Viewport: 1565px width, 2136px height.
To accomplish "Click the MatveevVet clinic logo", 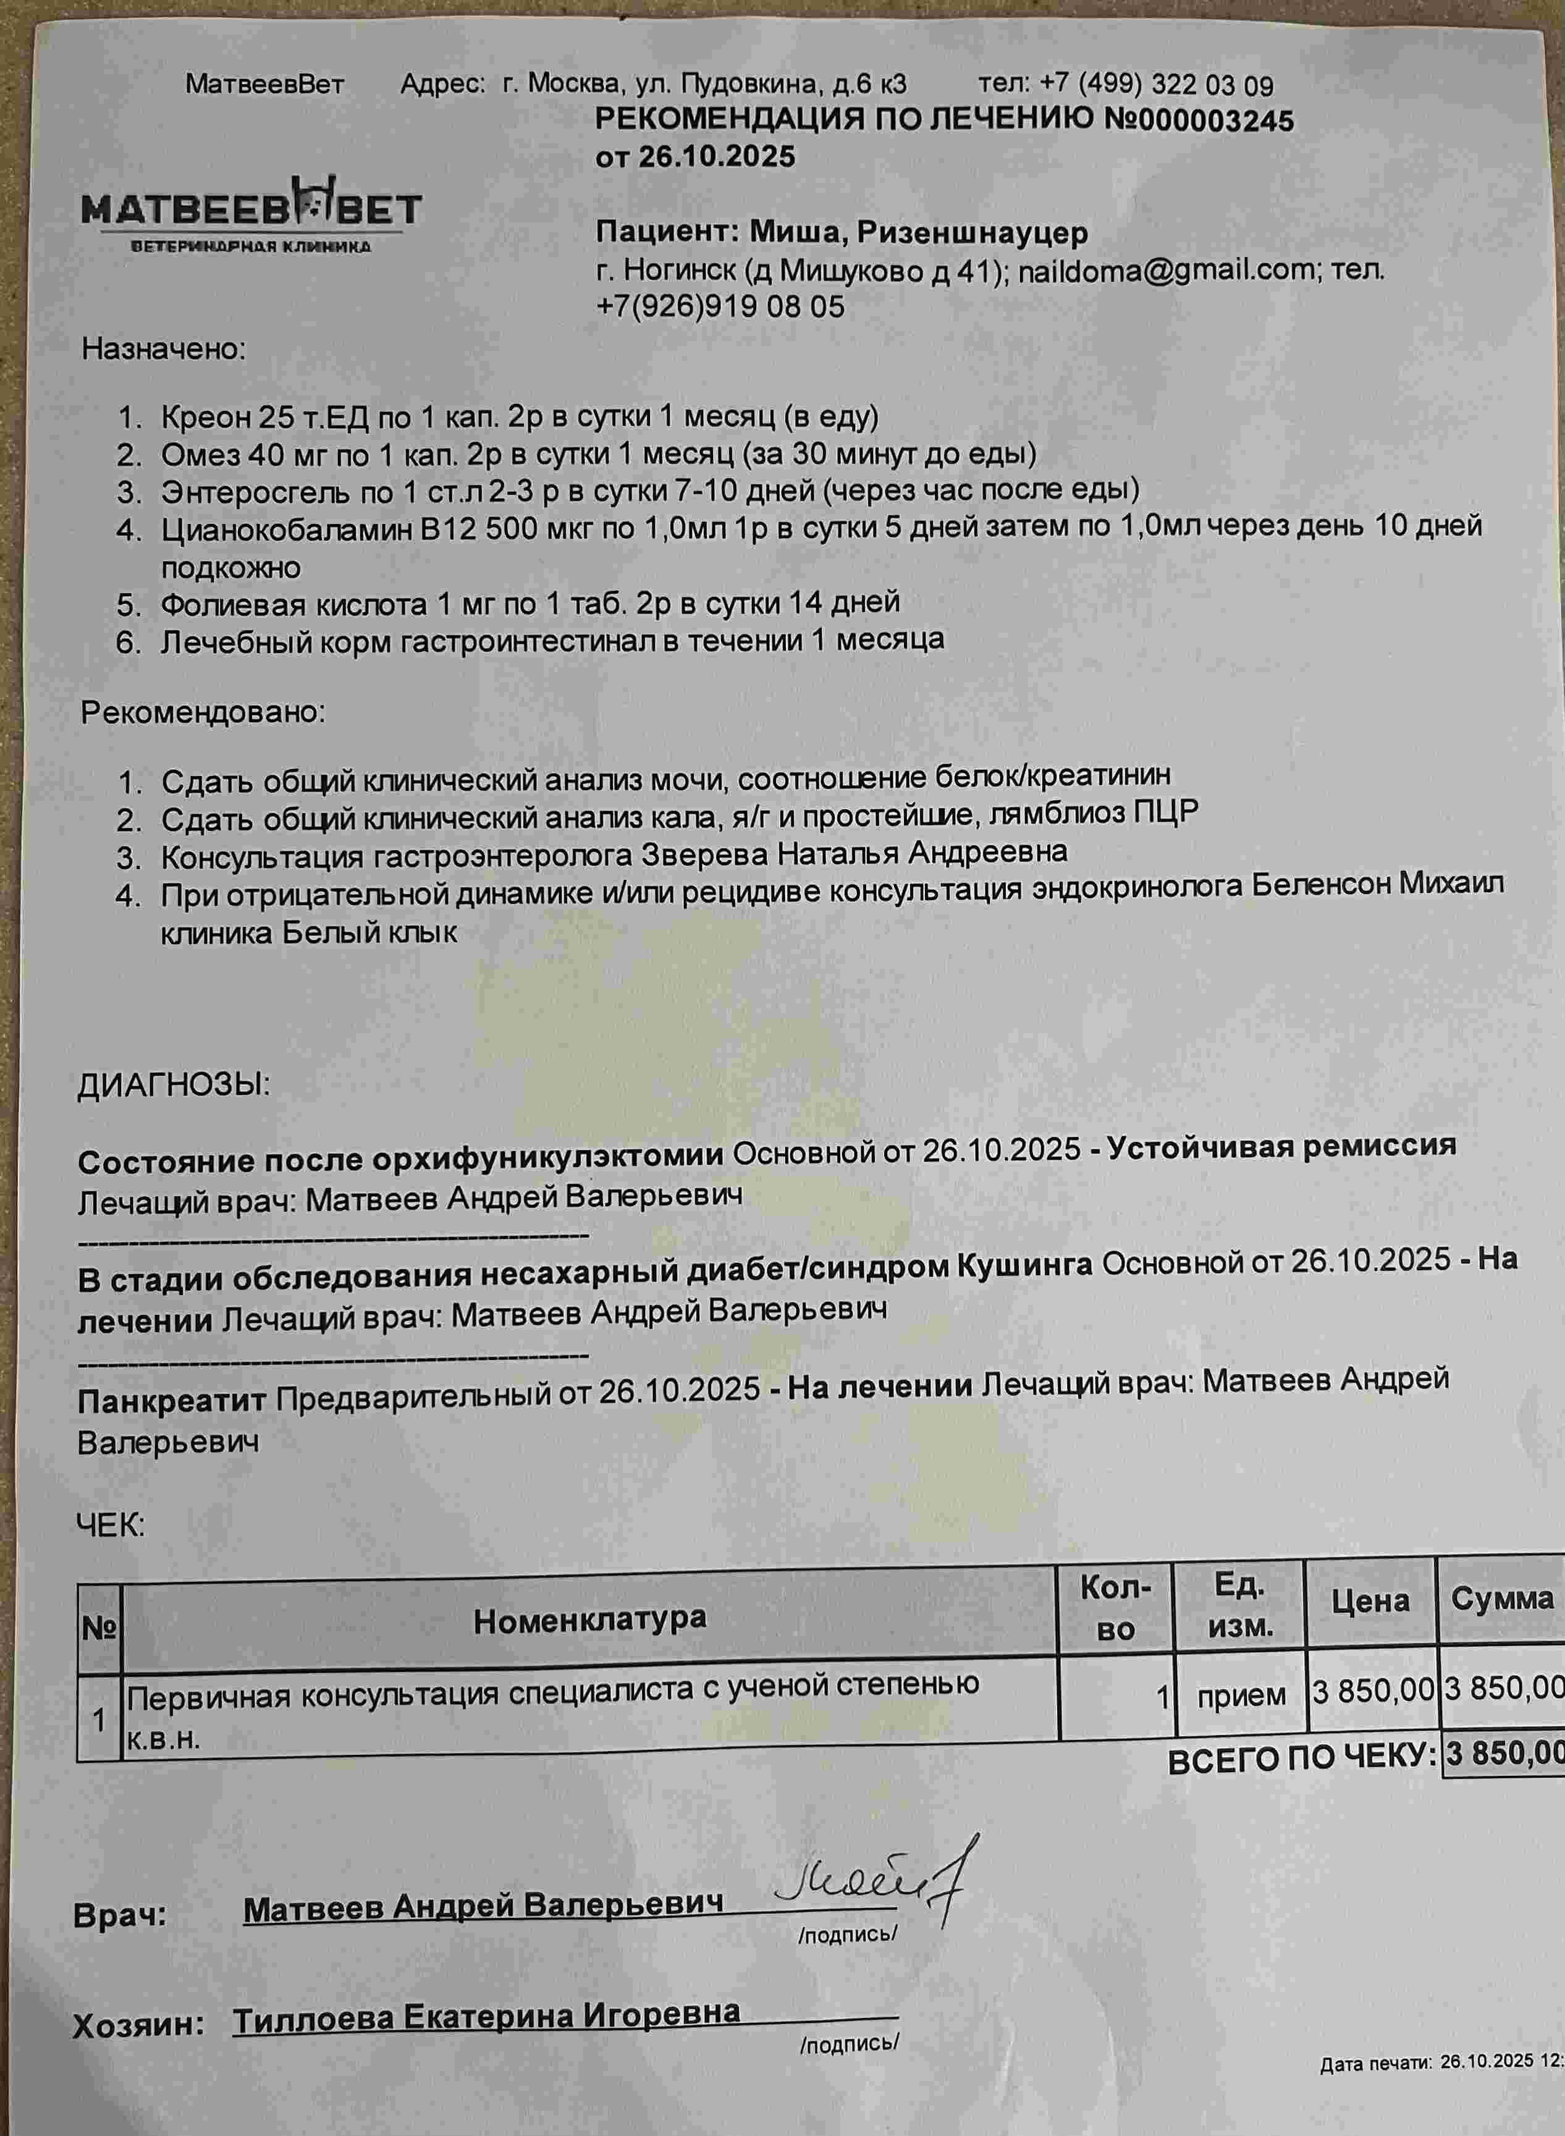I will [251, 213].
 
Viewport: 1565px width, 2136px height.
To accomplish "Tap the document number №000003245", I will [1199, 120].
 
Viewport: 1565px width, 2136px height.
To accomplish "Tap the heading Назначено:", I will [163, 350].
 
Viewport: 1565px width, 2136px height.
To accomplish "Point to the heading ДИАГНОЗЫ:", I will [174, 1086].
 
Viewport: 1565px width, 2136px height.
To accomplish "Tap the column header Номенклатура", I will [589, 1619].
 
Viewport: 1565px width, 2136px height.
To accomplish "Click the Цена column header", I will [1370, 1602].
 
